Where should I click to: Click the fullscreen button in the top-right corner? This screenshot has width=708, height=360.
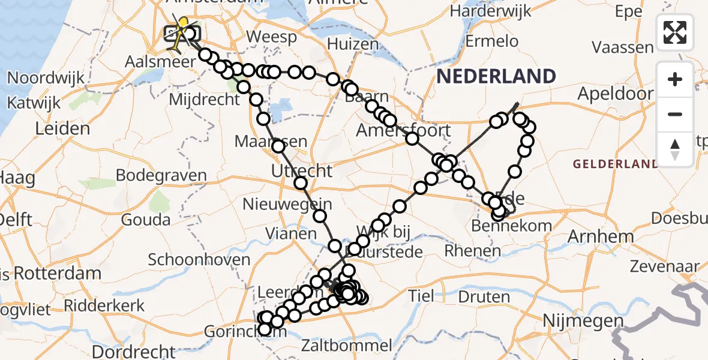coord(675,32)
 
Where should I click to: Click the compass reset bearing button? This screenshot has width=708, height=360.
coord(675,149)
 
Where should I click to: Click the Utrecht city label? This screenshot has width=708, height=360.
coord(301,171)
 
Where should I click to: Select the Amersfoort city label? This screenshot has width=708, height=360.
coord(403,130)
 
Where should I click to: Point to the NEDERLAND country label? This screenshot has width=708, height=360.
coord(496,76)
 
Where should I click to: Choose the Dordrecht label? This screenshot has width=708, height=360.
coord(134,352)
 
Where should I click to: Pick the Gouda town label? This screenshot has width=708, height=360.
coord(146,220)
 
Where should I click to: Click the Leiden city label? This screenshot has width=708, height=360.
coord(62,128)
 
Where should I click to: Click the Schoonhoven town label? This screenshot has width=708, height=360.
coord(199,260)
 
